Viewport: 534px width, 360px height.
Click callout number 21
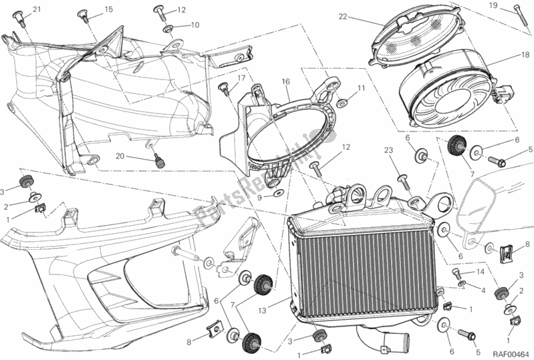tap(36, 9)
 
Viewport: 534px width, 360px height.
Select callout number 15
tap(108, 9)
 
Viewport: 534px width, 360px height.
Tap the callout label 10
tap(195, 25)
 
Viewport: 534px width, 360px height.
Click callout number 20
tap(118, 156)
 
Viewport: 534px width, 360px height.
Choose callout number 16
tap(285, 81)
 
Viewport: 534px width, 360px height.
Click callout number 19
tap(512, 5)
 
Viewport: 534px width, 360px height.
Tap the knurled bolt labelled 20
tap(159, 160)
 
